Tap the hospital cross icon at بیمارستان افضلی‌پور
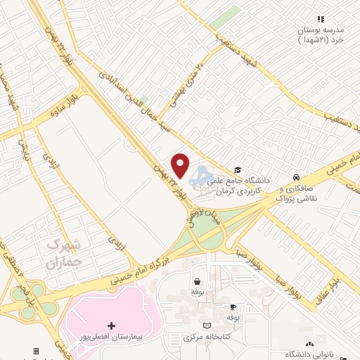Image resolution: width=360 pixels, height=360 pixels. tap(111, 326)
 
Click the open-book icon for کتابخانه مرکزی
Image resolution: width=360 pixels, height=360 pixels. tap(207, 326)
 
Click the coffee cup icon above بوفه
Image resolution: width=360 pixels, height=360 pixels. tap(233, 307)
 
